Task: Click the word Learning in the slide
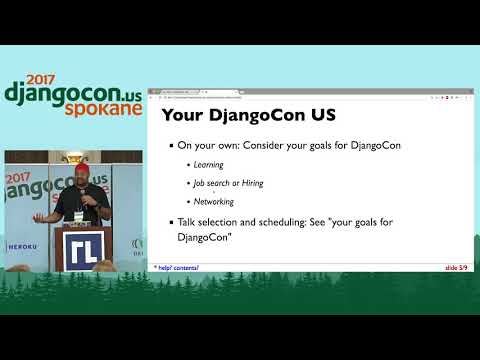(208, 164)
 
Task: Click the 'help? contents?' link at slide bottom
(177, 268)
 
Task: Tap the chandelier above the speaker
(73, 159)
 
